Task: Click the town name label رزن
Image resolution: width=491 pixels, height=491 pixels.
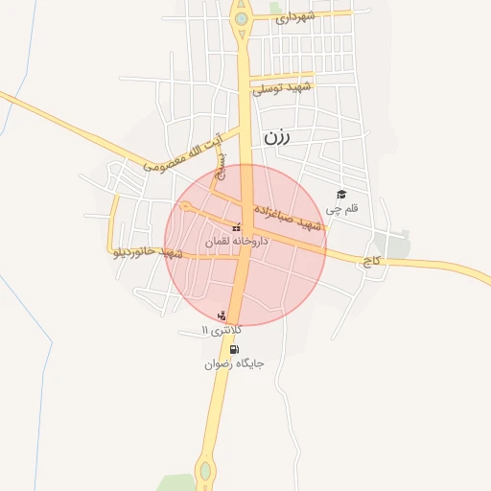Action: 276,136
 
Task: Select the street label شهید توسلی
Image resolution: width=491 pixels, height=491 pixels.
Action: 282,87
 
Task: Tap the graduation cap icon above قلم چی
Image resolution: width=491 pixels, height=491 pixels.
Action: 340,195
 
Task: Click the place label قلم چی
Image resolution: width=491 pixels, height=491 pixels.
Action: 341,208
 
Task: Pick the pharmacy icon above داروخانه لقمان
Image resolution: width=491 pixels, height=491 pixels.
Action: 236,228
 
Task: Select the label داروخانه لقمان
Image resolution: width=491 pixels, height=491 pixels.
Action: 237,243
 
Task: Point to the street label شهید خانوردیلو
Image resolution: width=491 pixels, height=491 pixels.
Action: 148,253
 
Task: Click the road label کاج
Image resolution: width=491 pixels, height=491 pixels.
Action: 371,260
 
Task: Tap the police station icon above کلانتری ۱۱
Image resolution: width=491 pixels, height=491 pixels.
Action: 222,316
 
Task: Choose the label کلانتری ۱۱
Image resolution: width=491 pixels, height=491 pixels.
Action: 222,330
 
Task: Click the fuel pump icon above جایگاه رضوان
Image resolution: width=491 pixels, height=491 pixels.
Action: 234,350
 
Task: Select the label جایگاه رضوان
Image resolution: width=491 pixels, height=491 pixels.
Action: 234,364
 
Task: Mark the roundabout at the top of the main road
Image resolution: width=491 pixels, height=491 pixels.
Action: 241,17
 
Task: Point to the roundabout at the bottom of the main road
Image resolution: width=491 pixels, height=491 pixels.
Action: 204,471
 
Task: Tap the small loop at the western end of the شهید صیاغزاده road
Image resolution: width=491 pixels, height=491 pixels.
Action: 185,207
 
